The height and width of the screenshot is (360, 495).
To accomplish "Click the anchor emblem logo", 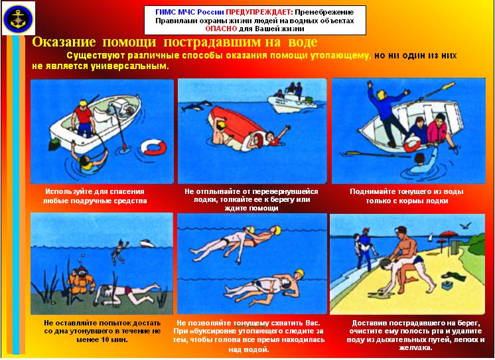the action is (19, 18).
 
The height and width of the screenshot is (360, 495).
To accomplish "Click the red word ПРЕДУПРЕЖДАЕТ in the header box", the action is (259, 13).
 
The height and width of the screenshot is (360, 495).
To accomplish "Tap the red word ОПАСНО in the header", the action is (221, 29).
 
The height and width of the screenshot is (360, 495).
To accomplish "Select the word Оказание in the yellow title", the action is (64, 42).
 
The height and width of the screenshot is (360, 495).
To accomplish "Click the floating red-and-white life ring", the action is (153, 147).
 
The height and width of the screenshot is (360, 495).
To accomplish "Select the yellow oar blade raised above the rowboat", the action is (448, 85).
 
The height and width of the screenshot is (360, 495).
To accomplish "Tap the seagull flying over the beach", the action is (466, 225).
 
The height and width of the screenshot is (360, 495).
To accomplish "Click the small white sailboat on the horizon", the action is (431, 237).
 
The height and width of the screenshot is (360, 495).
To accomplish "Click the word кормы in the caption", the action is (411, 201).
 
